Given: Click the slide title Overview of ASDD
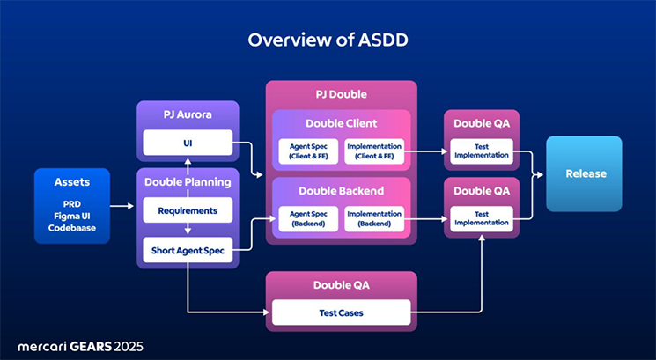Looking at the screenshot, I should click(x=328, y=40).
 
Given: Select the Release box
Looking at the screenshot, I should click(x=584, y=173).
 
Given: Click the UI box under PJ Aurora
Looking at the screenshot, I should click(x=188, y=142).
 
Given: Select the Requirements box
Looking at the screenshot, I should click(x=188, y=210).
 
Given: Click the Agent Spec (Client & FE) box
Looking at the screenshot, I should click(x=305, y=151).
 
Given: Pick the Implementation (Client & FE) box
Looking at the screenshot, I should click(x=375, y=151).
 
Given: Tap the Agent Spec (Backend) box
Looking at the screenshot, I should click(x=305, y=218).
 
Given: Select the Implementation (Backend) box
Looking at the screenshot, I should click(x=375, y=218).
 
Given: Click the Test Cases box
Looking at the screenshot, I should click(x=341, y=312).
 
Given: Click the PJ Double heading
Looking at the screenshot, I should click(x=341, y=94).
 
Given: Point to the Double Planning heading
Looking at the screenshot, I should click(x=188, y=182).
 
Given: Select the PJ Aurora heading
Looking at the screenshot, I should click(x=188, y=114).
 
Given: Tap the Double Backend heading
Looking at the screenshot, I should click(x=341, y=191).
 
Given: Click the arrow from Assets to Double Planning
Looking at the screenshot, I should click(x=122, y=206).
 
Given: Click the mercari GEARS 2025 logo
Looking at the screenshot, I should click(x=80, y=345).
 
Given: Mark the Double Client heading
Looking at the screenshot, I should click(x=341, y=123).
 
